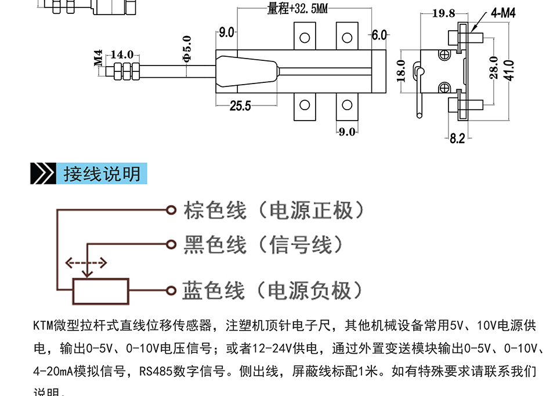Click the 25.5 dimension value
coord(240,106)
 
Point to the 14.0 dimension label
coord(122,55)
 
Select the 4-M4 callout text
coord(502,13)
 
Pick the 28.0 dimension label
coord(494,68)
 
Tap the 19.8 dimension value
coord(444,13)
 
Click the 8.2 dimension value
coord(457,138)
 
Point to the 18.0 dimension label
coord(401,71)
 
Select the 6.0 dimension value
coord(379,35)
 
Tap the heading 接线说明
coord(102,174)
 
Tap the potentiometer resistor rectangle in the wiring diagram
coord(100,291)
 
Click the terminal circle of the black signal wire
coord(171,245)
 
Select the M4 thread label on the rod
coord(98,58)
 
